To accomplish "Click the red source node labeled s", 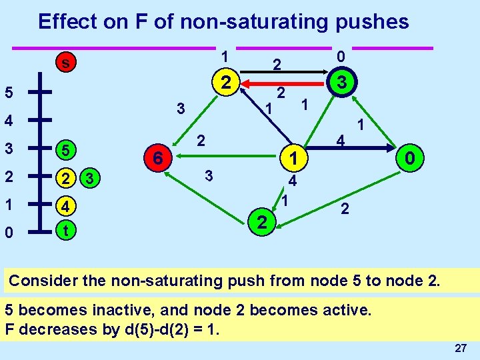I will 64,63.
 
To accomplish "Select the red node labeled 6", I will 157,159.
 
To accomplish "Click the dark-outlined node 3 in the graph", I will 341,83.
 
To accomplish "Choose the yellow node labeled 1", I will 291,158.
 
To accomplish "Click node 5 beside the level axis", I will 65,150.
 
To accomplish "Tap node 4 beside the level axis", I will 65,206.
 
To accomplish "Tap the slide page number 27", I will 460,348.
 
